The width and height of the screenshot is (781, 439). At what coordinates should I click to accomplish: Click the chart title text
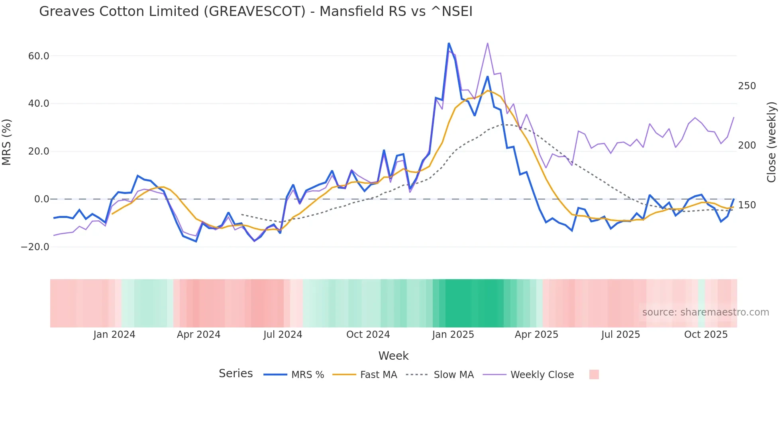255,12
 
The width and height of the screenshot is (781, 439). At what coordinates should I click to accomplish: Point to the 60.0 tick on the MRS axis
39,56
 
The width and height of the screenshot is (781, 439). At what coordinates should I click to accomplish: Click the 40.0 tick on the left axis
39,104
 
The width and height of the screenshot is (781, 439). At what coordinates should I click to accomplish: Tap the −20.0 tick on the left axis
35,247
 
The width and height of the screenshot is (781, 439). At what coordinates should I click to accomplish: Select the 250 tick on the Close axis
747,86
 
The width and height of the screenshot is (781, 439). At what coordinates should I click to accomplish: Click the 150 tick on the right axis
747,205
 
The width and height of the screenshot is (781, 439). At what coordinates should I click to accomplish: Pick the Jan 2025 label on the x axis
453,335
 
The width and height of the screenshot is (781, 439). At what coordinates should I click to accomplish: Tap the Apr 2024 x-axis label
198,335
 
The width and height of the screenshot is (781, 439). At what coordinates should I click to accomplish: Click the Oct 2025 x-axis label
706,335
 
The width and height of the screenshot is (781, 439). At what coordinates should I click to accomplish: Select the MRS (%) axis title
7,142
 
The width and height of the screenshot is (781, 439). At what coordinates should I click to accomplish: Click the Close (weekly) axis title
772,142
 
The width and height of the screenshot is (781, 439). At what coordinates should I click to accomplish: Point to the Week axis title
393,356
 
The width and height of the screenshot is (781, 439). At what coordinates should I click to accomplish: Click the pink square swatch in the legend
594,374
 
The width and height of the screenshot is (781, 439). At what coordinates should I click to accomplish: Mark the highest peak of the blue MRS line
449,43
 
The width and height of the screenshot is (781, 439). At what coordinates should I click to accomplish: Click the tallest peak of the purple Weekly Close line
487,43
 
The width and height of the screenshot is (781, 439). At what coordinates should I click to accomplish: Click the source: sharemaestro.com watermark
705,312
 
